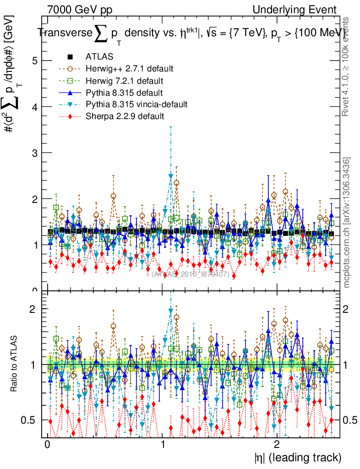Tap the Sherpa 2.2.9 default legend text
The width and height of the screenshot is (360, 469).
pyautogui.click(x=125, y=116)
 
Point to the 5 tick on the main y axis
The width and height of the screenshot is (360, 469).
pyautogui.click(x=34, y=60)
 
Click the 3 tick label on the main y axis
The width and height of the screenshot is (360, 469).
pyautogui.click(x=34, y=153)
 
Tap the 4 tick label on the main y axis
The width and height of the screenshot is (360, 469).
pyautogui.click(x=34, y=107)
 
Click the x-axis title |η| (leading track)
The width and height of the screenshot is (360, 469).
pyautogui.click(x=298, y=457)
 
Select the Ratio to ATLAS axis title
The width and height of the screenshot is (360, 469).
pyautogui.click(x=14, y=365)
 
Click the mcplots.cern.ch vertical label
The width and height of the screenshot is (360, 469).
pyautogui.click(x=347, y=222)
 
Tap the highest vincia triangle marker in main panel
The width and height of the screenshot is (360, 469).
pyautogui.click(x=171, y=176)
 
